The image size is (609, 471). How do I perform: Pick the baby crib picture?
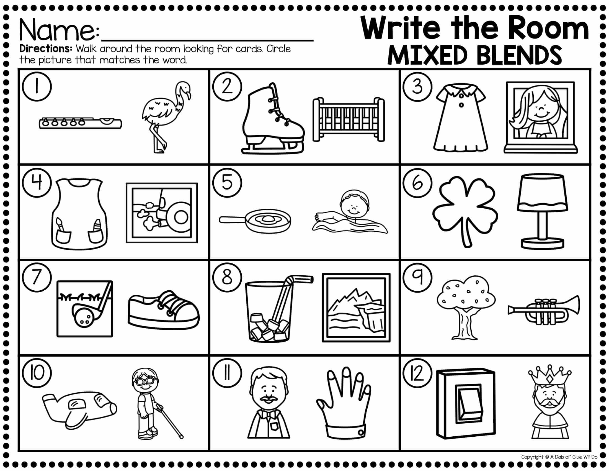[349, 119]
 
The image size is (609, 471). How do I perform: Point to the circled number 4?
[37, 183]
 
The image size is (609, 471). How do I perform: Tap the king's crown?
[549, 376]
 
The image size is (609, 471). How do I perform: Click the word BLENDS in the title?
[519, 55]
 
